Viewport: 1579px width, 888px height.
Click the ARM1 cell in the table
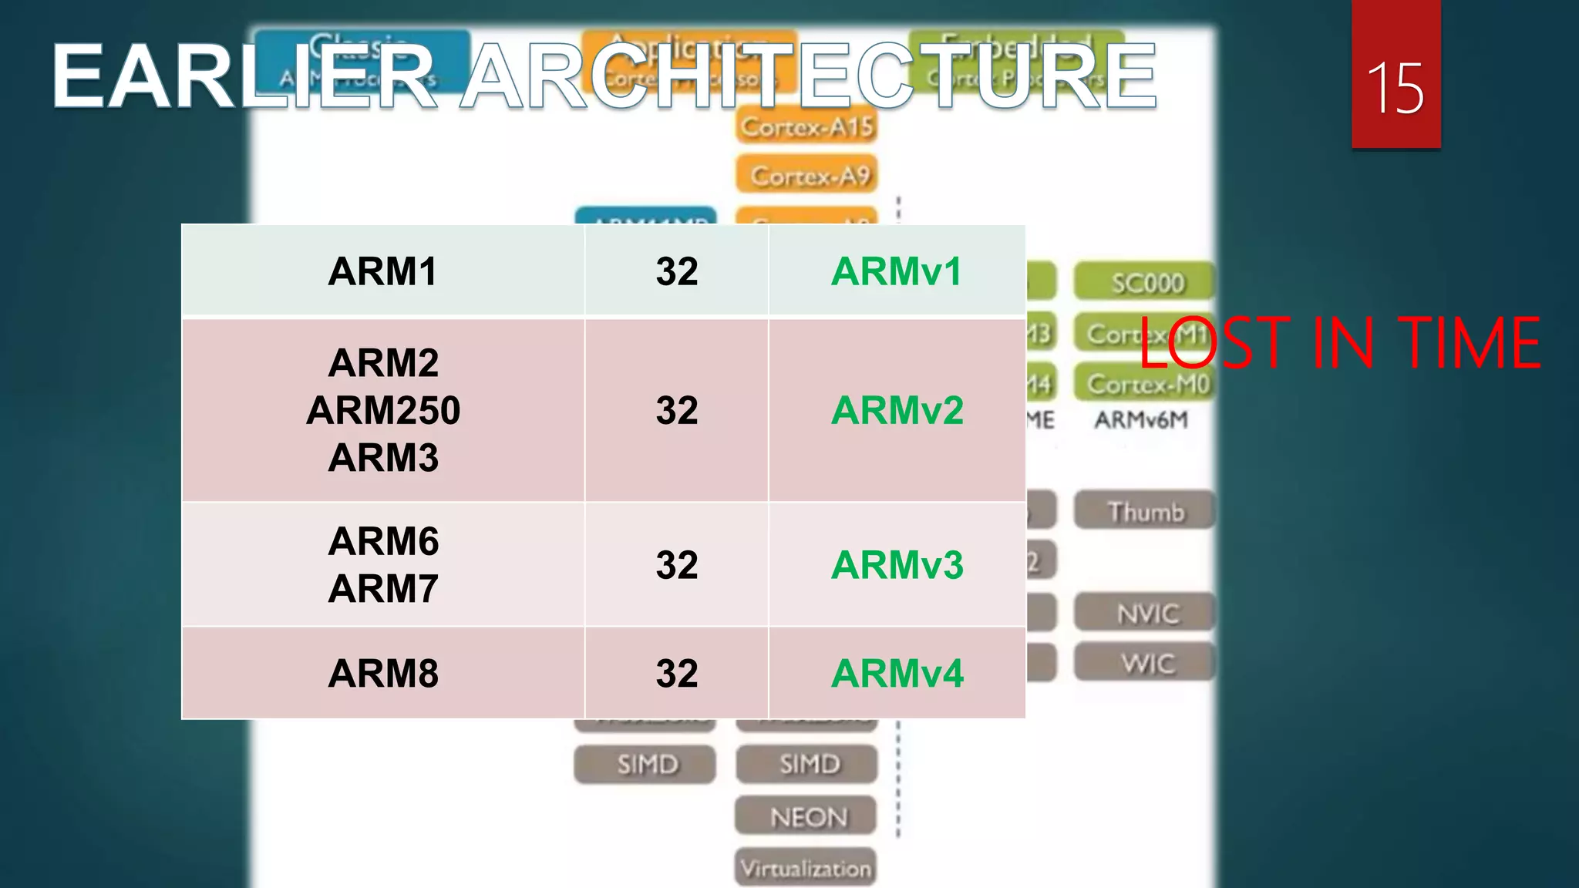pos(382,271)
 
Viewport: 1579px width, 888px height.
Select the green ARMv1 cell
pos(897,271)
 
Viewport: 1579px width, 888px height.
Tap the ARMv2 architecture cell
pos(897,410)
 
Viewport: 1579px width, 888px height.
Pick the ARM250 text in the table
pos(382,410)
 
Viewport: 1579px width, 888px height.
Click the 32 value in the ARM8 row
pos(676,673)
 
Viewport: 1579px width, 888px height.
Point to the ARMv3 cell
pos(897,565)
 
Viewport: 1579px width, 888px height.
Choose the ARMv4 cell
pos(897,673)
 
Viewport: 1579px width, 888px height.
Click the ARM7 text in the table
pos(382,589)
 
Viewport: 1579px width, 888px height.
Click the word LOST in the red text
pos(1214,342)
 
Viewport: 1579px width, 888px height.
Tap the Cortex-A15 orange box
pos(806,126)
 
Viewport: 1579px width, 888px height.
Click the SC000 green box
pos(1146,283)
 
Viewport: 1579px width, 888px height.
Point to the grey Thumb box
pos(1145,512)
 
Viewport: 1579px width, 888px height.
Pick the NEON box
pos(806,816)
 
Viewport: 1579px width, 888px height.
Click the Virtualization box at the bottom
pos(806,868)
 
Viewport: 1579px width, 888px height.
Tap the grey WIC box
pos(1146,663)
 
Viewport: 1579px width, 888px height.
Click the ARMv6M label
pos(1141,420)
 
